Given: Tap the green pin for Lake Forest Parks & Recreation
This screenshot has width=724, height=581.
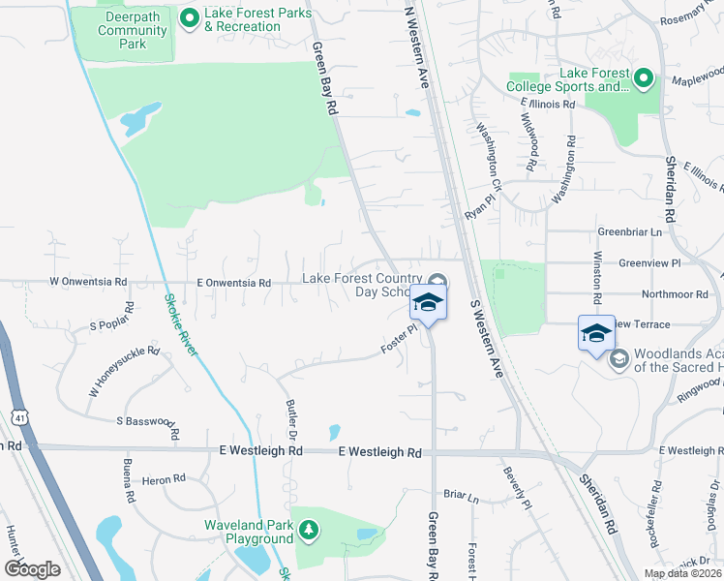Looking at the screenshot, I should click(x=189, y=16).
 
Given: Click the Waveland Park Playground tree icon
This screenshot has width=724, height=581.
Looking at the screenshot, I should click(x=308, y=530).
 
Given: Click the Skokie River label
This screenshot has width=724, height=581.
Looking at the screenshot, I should click(x=181, y=324).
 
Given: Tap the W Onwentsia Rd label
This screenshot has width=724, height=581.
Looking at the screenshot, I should click(x=88, y=282).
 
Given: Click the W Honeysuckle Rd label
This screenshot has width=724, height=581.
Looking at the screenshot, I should click(x=124, y=371).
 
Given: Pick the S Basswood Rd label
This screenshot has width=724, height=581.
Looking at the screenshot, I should click(x=148, y=424).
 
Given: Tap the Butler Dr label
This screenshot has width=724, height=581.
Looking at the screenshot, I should click(x=290, y=421).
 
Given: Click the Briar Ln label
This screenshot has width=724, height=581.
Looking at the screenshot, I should click(x=461, y=497).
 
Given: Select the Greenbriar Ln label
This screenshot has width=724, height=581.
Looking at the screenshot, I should click(x=629, y=232).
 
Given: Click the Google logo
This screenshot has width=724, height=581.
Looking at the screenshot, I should click(x=32, y=569).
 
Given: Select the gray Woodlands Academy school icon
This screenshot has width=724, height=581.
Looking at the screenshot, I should click(x=617, y=358).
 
